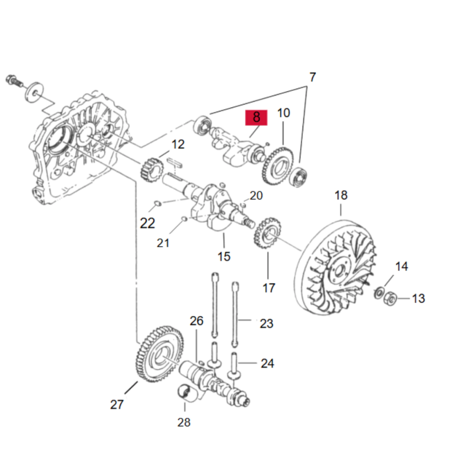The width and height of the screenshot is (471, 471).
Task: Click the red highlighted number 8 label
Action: [x=256, y=117]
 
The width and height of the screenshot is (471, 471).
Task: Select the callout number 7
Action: [x=312, y=77]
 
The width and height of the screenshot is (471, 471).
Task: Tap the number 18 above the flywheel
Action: [x=341, y=195]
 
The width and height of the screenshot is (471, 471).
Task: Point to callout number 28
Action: [x=184, y=422]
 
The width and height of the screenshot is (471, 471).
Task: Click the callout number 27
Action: [x=117, y=405]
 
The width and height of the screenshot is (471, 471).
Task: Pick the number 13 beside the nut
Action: [x=419, y=299]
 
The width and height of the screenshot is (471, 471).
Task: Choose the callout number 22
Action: [x=147, y=223]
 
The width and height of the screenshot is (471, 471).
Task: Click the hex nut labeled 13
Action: [x=390, y=298]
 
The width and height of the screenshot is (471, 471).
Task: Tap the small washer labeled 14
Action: [x=379, y=293]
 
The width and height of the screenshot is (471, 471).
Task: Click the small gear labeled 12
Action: [x=152, y=170]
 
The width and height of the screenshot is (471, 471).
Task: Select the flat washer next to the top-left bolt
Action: [x=34, y=92]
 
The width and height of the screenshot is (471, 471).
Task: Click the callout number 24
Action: [x=267, y=363]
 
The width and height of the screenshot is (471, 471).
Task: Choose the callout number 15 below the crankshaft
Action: [x=224, y=257]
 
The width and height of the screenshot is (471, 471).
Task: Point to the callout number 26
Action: [x=196, y=321]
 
